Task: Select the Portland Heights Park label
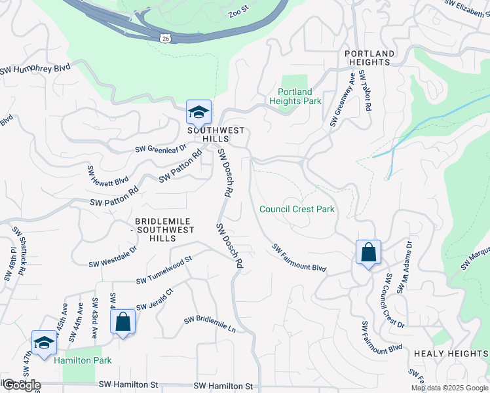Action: point(295,97)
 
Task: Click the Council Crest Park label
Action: point(297,210)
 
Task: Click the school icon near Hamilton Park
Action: point(44,343)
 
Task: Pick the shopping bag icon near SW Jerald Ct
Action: point(122,322)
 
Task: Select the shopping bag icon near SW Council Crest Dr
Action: point(368,252)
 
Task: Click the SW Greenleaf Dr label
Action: point(160,149)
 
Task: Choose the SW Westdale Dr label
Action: point(113,257)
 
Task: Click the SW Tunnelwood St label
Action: point(163,270)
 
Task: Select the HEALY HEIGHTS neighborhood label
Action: point(451,354)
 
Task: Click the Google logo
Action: point(21,385)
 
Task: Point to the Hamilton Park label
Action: point(83,360)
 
